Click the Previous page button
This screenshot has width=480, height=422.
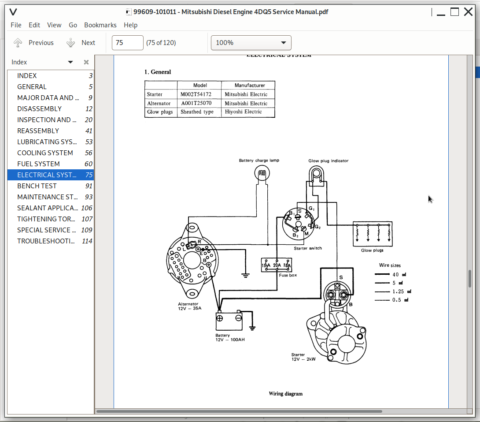point(33,43)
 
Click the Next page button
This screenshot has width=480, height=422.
point(81,43)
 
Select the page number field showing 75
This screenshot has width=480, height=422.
point(127,43)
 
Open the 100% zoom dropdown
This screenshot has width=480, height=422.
point(251,43)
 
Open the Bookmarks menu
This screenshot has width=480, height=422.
point(100,25)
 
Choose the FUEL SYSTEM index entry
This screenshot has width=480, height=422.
point(38,164)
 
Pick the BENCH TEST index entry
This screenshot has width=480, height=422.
point(37,186)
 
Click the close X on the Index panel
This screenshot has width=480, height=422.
point(86,62)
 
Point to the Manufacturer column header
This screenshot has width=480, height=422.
point(249,85)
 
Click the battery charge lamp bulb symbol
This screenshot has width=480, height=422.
point(262,173)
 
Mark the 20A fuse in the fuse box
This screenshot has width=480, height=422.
point(277,265)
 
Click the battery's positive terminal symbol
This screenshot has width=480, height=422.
point(220,318)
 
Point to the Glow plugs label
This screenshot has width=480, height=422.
point(372,250)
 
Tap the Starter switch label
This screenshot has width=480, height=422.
point(307,248)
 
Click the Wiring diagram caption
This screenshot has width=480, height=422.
point(285,394)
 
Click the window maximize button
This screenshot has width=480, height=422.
point(454,12)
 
